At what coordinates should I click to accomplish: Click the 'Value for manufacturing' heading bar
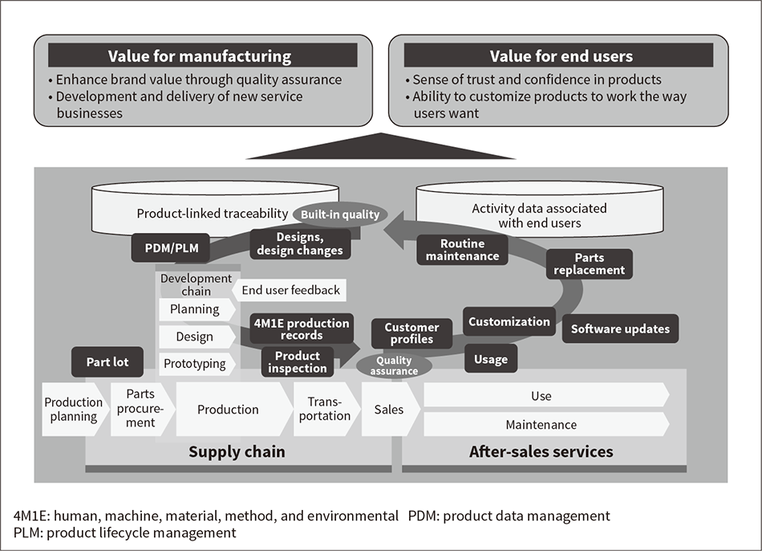coord(200,56)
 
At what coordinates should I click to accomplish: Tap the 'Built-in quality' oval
coord(340,214)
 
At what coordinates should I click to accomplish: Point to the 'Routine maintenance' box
coord(462,250)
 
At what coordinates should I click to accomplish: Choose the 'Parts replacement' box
coord(590,263)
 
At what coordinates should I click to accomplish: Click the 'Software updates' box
coord(620,329)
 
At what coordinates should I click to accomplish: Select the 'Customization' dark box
coord(509,321)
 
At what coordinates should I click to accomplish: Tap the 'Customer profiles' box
coord(412,333)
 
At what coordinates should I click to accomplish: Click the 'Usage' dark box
coord(491,359)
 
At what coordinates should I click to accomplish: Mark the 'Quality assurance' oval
coord(394,366)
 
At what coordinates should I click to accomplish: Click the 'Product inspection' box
coord(297,362)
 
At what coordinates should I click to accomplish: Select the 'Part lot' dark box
coord(107,362)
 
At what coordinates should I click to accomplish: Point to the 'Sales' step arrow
coord(391,409)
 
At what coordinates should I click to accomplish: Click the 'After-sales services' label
coord(541,451)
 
